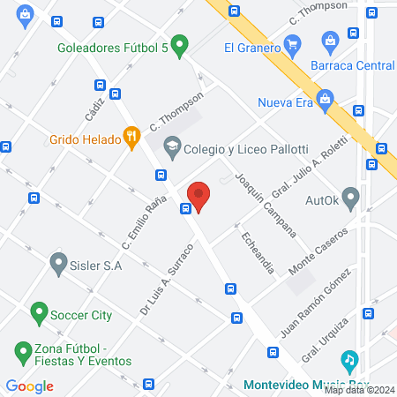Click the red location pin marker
pyautogui.click(x=198, y=196)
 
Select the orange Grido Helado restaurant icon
pyautogui.click(x=132, y=137)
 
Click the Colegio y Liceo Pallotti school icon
pyautogui.click(x=172, y=145)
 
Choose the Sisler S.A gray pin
pyautogui.click(x=59, y=262)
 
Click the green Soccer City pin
pyautogui.click(x=38, y=312)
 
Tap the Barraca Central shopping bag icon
pyautogui.click(x=329, y=40)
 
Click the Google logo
pyautogui.click(x=29, y=386)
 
